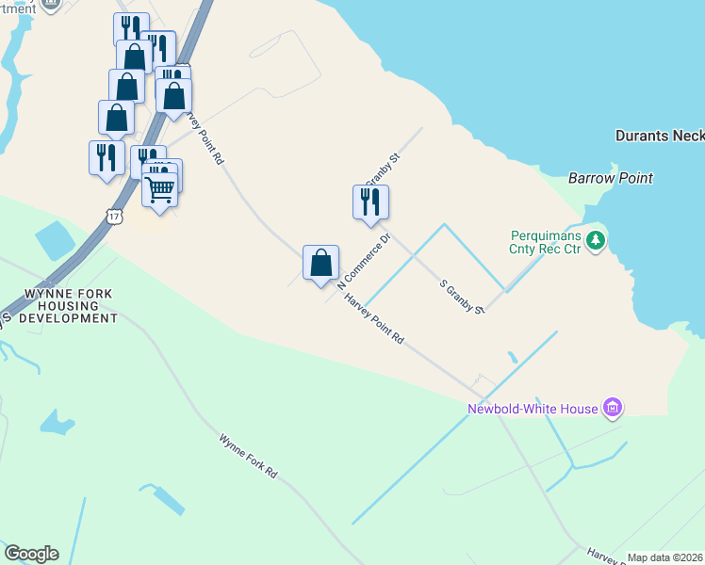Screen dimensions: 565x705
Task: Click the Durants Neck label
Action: point(659,136)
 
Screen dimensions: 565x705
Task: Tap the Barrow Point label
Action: point(610,178)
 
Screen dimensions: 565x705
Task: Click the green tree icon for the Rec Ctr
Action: point(595,242)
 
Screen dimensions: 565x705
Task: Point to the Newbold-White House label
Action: point(533,409)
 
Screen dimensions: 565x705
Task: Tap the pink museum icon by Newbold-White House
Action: point(614,409)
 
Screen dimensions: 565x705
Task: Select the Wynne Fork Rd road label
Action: point(249,457)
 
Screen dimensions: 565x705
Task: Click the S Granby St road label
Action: point(463,296)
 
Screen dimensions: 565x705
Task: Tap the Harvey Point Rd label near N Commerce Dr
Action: point(374,319)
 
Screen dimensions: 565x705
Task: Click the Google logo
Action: point(31,554)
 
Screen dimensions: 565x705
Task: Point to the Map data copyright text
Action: point(665,557)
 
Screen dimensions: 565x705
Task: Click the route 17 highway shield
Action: point(115,216)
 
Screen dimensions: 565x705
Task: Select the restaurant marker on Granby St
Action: point(370,202)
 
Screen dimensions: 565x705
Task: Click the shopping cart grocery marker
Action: point(160,189)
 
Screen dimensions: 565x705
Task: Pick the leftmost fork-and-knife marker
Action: point(106,156)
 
